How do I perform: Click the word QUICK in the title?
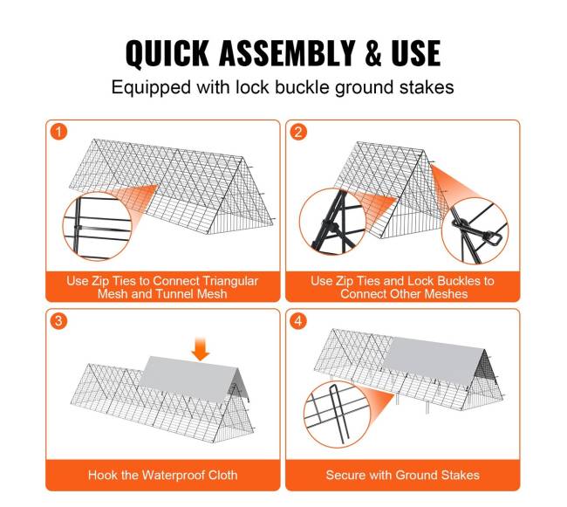(x=167, y=53)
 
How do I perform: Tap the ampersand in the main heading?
(x=373, y=53)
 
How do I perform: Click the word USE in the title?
(x=416, y=53)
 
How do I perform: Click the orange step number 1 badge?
(x=58, y=132)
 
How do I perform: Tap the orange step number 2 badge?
(x=298, y=132)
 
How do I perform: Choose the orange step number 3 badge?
(x=58, y=321)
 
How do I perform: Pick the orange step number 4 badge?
(x=298, y=321)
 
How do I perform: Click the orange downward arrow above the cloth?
(x=200, y=349)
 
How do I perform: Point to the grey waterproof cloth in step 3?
(x=192, y=379)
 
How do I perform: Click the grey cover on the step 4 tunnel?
(x=434, y=360)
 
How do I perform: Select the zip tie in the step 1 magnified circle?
(x=78, y=228)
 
